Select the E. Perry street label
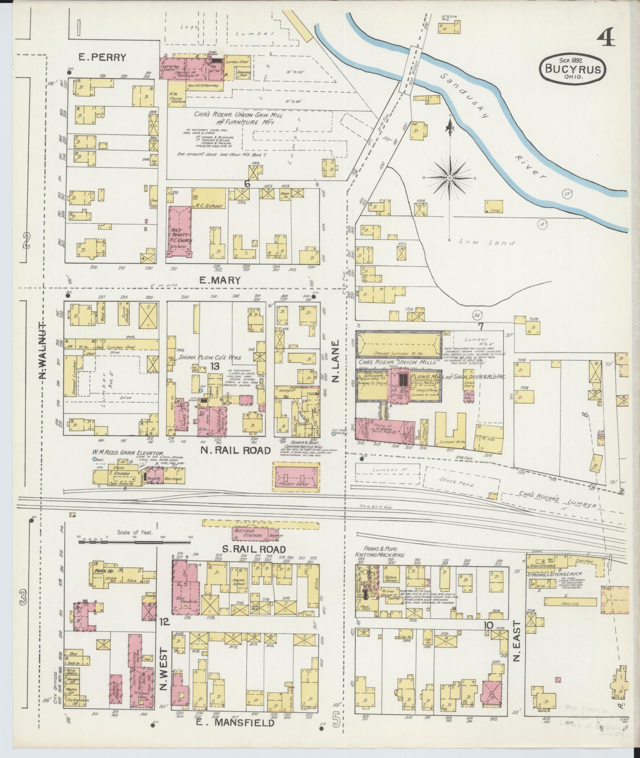[x=102, y=58]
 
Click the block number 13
[x=214, y=366]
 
